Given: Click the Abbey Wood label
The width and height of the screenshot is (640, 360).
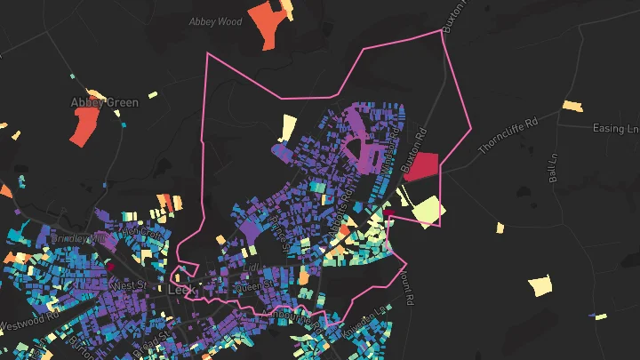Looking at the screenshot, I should click(216, 20).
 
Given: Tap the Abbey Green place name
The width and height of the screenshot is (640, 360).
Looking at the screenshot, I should click(104, 103).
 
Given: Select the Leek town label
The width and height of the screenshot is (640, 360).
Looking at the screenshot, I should click(181, 291).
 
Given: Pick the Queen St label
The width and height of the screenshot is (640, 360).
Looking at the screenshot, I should click(253, 286).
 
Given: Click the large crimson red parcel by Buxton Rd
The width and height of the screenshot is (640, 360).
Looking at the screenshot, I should click(420, 166).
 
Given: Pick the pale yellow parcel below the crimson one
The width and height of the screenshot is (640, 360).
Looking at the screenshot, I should click(427, 211).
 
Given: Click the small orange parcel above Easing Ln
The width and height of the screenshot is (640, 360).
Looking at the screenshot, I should click(572, 106).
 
